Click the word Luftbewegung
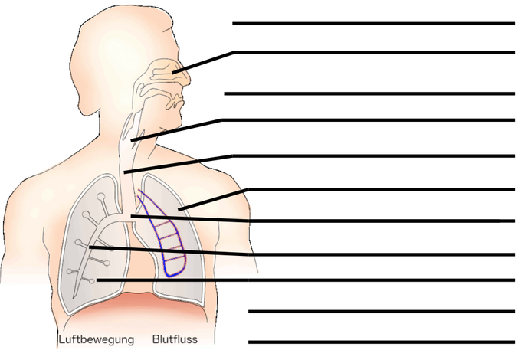tap(96, 339)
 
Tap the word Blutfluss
tap(175, 339)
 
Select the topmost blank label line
tap(374, 24)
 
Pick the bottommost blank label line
tap(382, 342)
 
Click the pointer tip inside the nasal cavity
tap(172, 72)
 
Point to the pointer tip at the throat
tap(132, 141)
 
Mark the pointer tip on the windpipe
tap(125, 172)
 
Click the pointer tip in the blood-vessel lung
tap(179, 209)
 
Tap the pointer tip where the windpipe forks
tap(132, 216)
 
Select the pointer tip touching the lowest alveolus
tap(97, 280)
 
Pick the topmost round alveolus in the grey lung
tap(100, 197)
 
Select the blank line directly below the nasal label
tap(369, 93)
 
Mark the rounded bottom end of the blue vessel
tap(171, 275)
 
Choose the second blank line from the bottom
tap(382, 312)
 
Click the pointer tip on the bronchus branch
tap(90, 247)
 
